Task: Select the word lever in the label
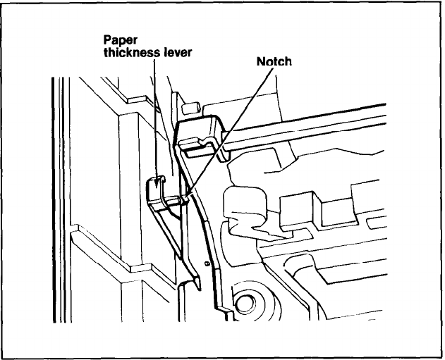[x=176, y=53]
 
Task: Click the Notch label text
[x=274, y=61]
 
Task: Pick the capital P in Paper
[x=108, y=40]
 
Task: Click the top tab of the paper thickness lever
[x=156, y=185]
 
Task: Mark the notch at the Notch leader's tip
[x=185, y=201]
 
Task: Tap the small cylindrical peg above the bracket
[x=188, y=109]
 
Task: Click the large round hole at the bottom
[x=245, y=304]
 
